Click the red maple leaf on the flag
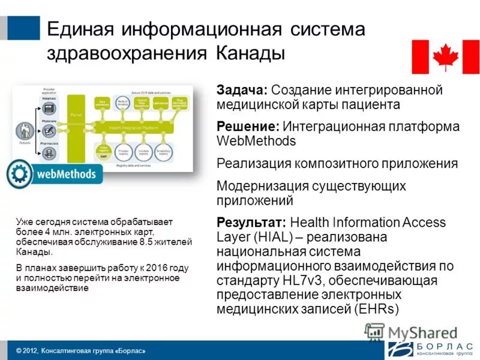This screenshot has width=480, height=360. (445, 57)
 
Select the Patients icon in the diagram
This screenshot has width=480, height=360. (25, 131)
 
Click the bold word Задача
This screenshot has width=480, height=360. (241, 90)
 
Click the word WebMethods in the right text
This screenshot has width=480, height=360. (256, 142)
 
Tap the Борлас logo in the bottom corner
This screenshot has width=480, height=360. (430, 349)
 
